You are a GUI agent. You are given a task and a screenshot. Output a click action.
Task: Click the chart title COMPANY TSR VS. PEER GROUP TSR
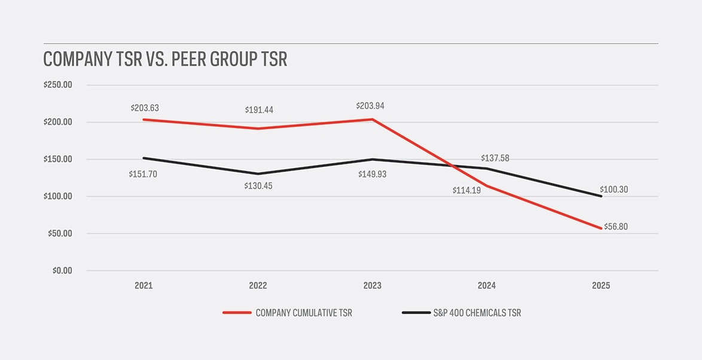click(x=165, y=60)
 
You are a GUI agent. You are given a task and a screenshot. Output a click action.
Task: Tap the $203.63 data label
click(x=144, y=108)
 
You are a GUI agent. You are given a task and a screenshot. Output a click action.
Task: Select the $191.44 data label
click(x=259, y=110)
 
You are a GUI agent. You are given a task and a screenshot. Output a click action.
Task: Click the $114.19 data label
click(x=466, y=192)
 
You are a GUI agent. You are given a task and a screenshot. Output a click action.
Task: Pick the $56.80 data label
click(x=616, y=227)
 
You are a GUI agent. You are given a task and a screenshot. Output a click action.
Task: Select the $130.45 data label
click(x=258, y=185)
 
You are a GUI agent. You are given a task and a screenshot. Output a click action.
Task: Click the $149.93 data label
click(x=373, y=174)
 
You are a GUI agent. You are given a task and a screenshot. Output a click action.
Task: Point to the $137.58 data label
click(x=495, y=158)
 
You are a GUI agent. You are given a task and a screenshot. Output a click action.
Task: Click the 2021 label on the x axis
click(x=144, y=286)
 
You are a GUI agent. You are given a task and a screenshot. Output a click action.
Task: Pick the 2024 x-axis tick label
click(x=486, y=286)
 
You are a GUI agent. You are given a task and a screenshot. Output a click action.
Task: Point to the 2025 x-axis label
click(x=601, y=286)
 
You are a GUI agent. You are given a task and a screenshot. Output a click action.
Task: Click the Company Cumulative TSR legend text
click(x=303, y=313)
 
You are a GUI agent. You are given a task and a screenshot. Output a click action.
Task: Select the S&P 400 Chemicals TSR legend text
click(x=477, y=313)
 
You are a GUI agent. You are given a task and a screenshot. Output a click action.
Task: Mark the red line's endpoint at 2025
click(x=601, y=228)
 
